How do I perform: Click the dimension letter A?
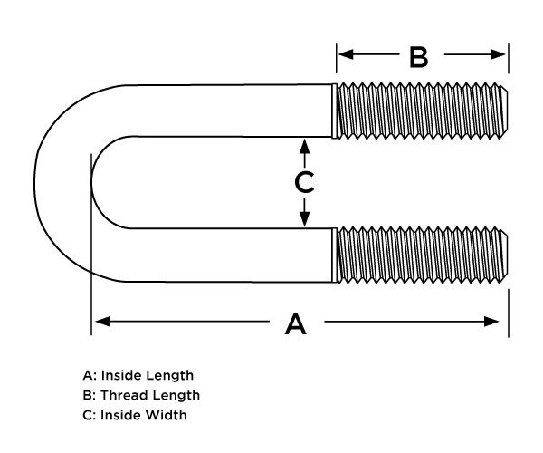coord(296,323)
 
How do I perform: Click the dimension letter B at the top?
coord(418,57)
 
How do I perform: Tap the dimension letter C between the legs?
coord(305,182)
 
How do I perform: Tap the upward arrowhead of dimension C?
coord(305,145)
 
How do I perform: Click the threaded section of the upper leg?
coord(416,111)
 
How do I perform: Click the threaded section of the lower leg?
coord(416,255)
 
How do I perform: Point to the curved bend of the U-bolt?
coord(63,182)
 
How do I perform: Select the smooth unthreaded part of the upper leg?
coord(226,111)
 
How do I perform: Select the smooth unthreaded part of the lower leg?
coord(226,255)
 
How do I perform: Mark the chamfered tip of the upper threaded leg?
coord(502,111)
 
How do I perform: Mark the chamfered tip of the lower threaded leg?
coord(502,255)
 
